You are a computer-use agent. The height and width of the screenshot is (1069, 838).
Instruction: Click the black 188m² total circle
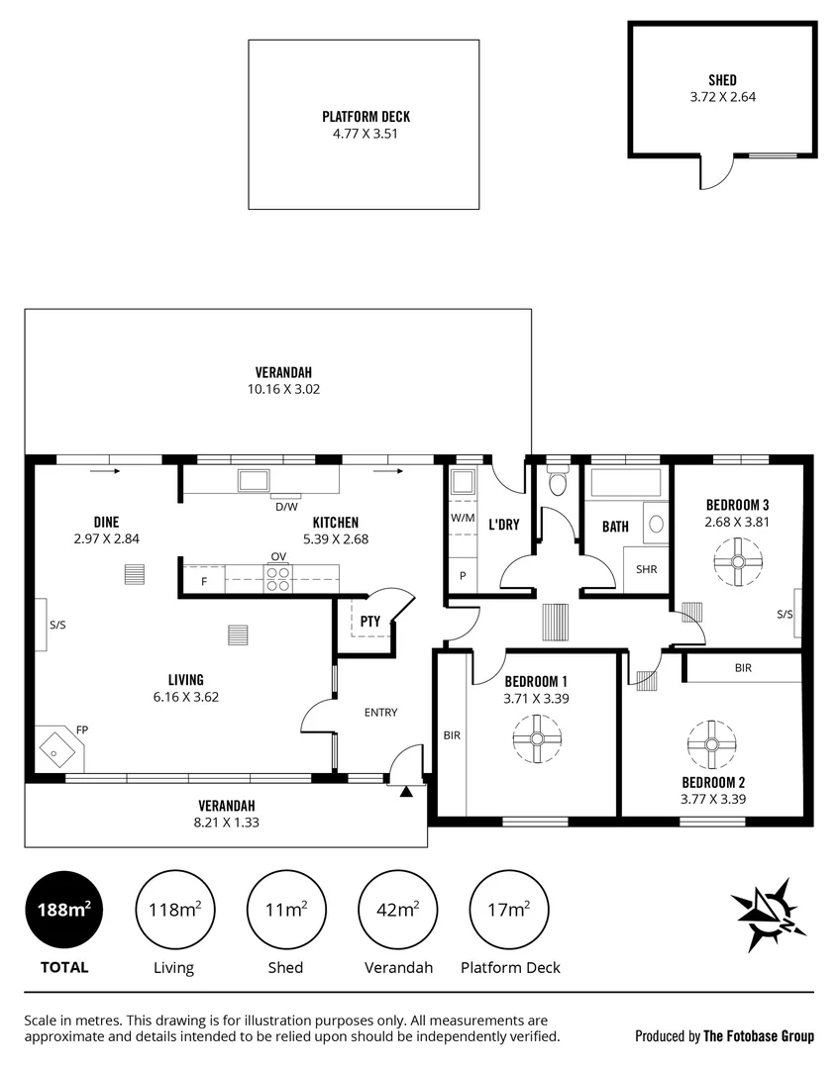pyautogui.click(x=63, y=910)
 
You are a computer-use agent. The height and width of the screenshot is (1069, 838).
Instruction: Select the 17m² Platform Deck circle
pyautogui.click(x=510, y=910)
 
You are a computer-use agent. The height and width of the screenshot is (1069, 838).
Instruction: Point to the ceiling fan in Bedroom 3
pyautogui.click(x=737, y=561)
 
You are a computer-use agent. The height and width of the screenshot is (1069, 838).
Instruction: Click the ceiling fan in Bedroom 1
pyautogui.click(x=537, y=738)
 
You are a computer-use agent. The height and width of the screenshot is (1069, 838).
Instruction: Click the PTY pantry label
pyautogui.click(x=369, y=622)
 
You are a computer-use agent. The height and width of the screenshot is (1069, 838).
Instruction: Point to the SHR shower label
pyautogui.click(x=646, y=569)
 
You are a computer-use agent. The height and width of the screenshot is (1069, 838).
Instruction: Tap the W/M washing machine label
pyautogui.click(x=463, y=517)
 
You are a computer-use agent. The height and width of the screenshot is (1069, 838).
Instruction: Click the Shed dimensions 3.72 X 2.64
pyautogui.click(x=722, y=97)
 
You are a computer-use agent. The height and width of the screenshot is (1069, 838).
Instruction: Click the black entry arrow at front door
pyautogui.click(x=405, y=792)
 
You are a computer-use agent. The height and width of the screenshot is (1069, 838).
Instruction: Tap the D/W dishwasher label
pyautogui.click(x=286, y=507)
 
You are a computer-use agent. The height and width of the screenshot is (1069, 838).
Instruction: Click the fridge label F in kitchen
pyautogui.click(x=204, y=581)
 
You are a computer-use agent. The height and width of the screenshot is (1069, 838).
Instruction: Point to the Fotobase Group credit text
pyautogui.click(x=724, y=1036)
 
